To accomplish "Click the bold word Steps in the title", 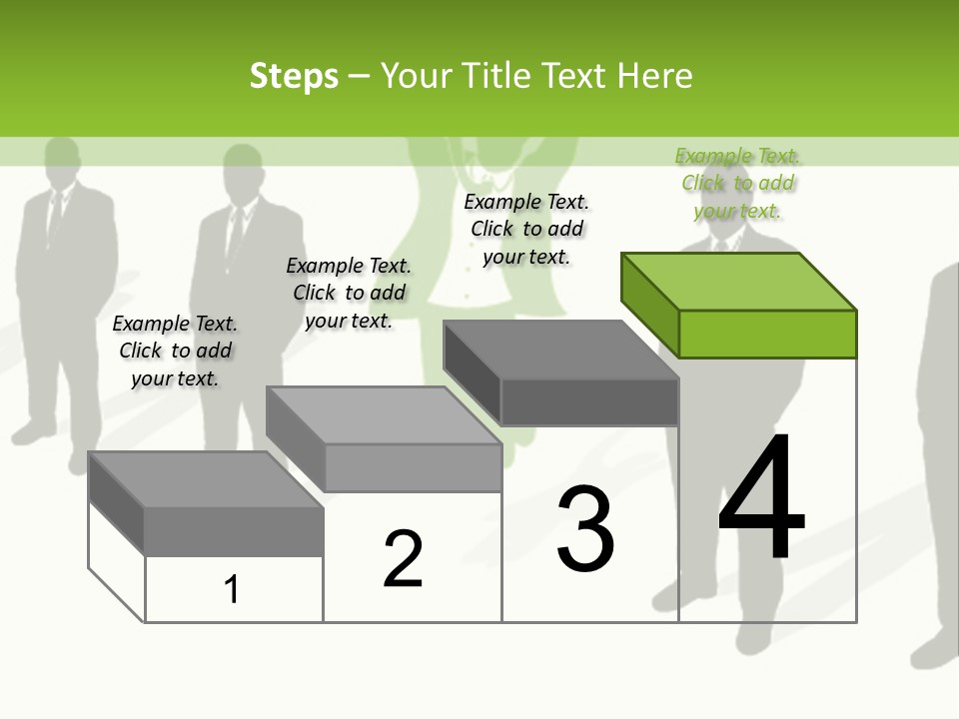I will tap(294, 76).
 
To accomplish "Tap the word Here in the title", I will tap(654, 76).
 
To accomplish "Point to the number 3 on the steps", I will tap(585, 529).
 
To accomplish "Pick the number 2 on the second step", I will tap(403, 558).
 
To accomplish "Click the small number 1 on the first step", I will tap(232, 589).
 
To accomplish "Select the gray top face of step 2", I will tap(385, 415).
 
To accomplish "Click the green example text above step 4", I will tap(737, 183).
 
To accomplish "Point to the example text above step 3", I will tap(526, 229).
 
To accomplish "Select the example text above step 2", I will tap(349, 293).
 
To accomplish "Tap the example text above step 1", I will tap(175, 351).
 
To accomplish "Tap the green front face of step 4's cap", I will tap(767, 334).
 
